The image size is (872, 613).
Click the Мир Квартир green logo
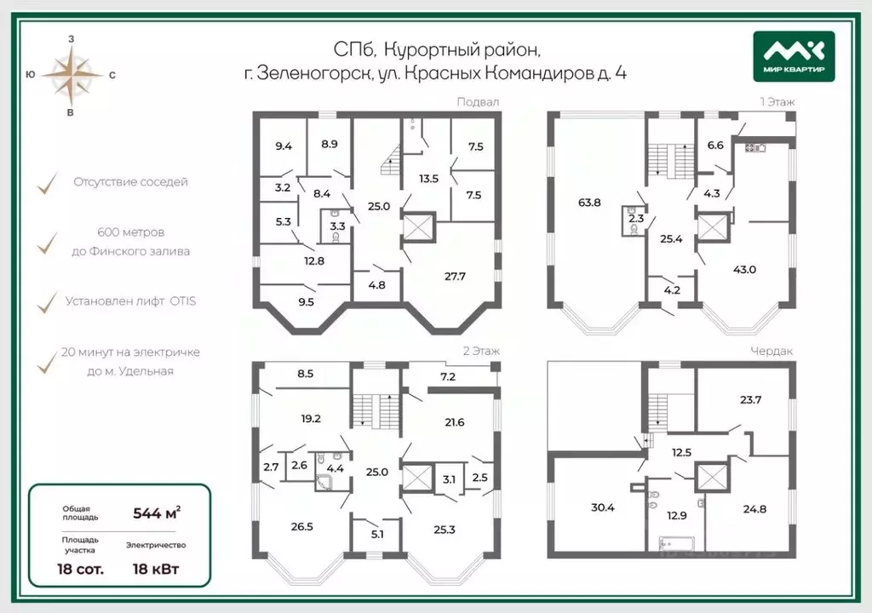click(x=794, y=56)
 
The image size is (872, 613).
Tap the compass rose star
click(x=72, y=76)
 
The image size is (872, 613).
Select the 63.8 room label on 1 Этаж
click(x=589, y=203)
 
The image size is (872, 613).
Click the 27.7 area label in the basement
click(x=455, y=276)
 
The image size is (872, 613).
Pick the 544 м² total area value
click(x=157, y=513)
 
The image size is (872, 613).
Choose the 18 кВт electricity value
click(x=156, y=569)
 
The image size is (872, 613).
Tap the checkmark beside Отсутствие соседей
click(x=48, y=183)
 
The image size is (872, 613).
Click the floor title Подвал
click(x=478, y=102)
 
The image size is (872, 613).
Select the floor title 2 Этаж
click(x=482, y=351)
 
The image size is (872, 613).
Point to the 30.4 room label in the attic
click(x=603, y=507)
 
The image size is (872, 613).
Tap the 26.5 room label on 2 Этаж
click(x=302, y=526)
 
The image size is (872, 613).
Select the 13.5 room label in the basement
click(x=429, y=179)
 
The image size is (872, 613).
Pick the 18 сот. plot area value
click(x=80, y=569)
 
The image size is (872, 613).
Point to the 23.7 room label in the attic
click(x=751, y=399)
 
